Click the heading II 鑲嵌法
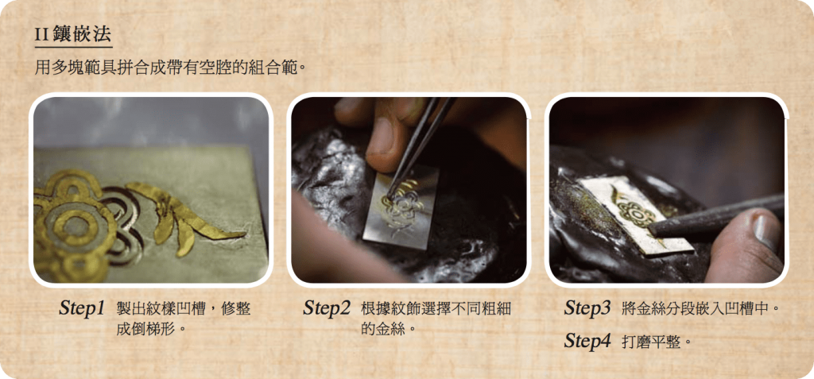click(72, 33)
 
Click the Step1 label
click(82, 308)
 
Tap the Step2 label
click(327, 308)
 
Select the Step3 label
click(587, 308)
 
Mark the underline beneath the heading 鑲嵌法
click(73, 47)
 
